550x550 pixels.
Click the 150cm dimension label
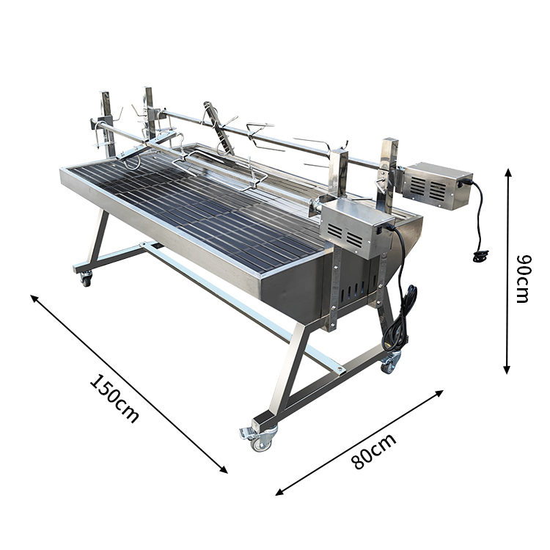(114, 399)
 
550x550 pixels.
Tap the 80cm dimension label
(374, 452)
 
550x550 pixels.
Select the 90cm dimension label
(524, 278)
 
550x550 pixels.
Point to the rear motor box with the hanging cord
(437, 186)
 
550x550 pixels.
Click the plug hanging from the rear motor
(480, 256)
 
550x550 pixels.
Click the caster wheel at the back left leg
(86, 279)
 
